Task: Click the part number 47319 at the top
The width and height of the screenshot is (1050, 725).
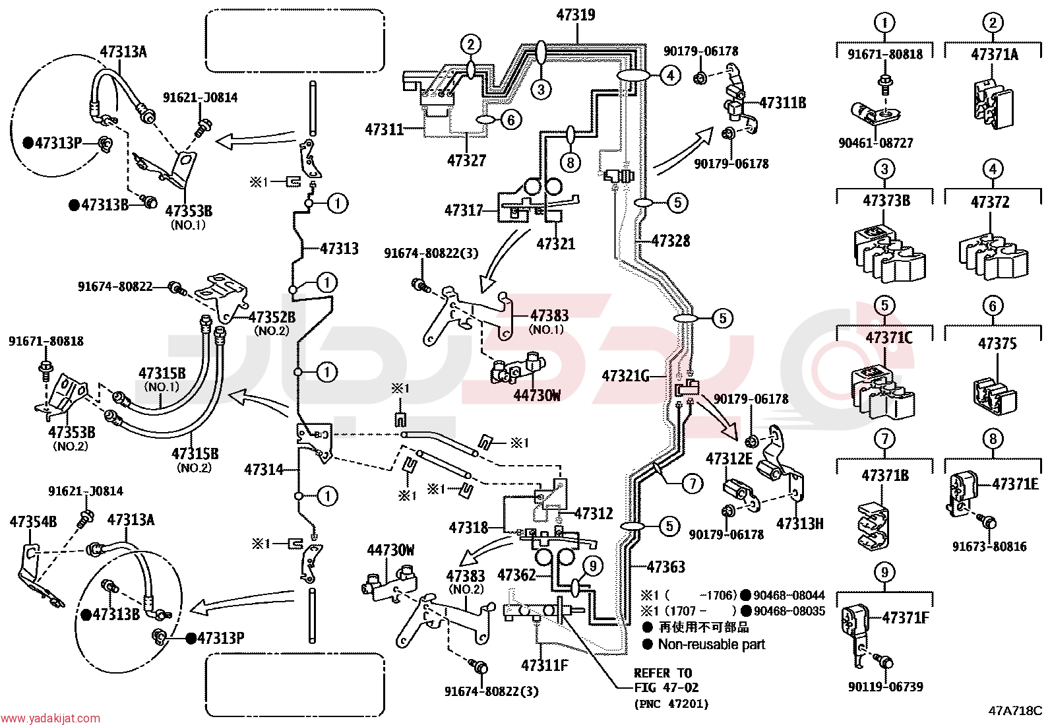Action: (576, 15)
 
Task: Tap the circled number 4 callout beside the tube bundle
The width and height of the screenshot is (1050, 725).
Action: (671, 75)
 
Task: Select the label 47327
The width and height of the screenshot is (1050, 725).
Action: (466, 161)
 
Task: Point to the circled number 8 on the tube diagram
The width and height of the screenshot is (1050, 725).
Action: (571, 162)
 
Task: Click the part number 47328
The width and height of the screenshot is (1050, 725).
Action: (671, 241)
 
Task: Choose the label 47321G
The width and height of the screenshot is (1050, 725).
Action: (626, 376)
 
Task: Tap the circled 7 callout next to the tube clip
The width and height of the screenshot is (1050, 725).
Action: (693, 484)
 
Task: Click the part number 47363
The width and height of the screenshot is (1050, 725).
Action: (666, 567)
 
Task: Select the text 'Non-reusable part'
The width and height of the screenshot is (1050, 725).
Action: (712, 645)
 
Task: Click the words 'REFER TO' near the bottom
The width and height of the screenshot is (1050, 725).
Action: (663, 674)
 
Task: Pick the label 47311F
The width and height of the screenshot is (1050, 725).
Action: (545, 665)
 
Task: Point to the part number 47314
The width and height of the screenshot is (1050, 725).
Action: (264, 470)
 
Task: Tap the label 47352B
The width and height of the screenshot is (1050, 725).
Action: (272, 317)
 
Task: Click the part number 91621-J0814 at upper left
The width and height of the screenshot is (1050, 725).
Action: (200, 98)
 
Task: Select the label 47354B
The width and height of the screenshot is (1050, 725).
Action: (33, 521)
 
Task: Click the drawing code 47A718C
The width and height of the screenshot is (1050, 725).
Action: (1015, 711)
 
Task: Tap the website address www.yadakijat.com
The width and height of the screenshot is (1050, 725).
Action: (50, 718)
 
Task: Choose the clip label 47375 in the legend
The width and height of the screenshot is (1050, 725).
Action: (997, 344)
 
